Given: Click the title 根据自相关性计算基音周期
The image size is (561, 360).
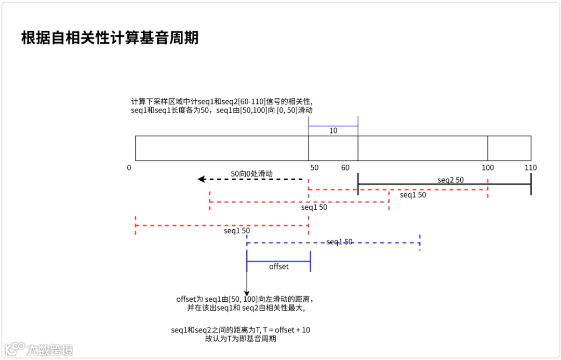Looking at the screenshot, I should coord(110,38).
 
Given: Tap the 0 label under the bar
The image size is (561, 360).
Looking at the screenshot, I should coord(129,168).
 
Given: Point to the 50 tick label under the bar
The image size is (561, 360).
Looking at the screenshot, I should coord(314,168).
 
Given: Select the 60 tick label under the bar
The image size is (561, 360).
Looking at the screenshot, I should coord(345,168).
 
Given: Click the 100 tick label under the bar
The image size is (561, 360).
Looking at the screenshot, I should coord(487,168).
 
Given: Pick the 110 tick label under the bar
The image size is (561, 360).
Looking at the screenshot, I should coord(530,168).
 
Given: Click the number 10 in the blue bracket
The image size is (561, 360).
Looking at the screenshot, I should coord(333,131).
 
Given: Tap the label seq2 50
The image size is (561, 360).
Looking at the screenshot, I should coord(450,180).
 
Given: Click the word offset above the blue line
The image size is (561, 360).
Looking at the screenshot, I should coord(278,266).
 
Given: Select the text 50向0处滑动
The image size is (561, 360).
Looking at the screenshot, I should coord(251,174).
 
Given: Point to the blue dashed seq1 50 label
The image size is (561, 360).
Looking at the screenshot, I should coord(339,242).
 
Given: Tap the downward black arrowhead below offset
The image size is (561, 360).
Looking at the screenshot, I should coord(247,292).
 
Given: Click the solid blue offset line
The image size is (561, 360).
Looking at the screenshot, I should coord(278,261).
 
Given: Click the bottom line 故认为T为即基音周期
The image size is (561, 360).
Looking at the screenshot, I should coord(241,339).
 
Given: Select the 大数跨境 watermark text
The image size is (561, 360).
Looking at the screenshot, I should coord(50,349).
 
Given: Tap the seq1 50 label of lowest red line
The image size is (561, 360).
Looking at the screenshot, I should coord(237,231).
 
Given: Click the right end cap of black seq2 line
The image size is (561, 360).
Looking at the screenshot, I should coord(531,184).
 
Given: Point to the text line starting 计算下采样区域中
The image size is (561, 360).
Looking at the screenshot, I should coord(222,102).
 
